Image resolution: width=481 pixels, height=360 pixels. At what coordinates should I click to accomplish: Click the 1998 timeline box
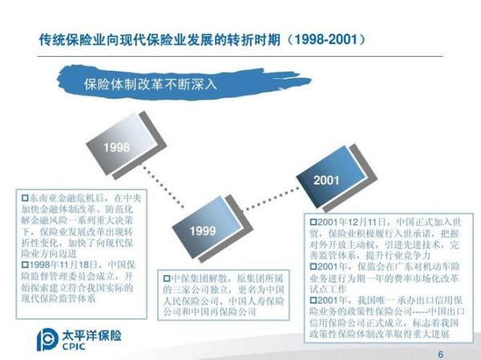tap(117, 149)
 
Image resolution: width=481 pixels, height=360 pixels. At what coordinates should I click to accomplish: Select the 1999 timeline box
tap(202, 230)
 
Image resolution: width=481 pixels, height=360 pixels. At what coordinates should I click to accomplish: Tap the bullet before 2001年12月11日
tap(313, 220)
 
